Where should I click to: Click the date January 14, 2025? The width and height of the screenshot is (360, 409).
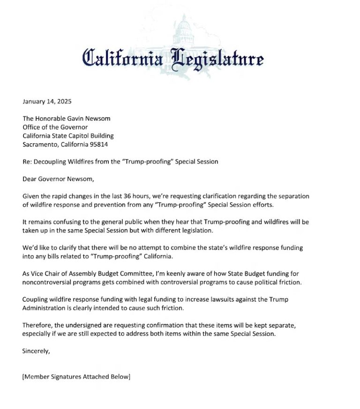tap(46, 101)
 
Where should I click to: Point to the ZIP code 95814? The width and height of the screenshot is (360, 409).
tap(98, 144)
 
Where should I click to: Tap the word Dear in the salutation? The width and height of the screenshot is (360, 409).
tap(30, 178)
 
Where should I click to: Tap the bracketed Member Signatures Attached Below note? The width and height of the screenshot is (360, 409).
tap(76, 377)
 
